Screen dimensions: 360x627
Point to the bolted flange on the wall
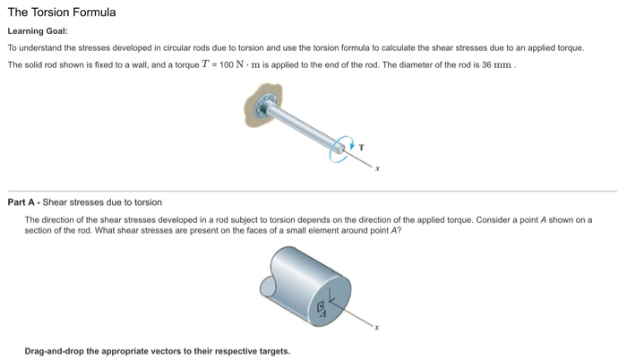(x=262, y=108)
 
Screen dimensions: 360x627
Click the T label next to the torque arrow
(x=362, y=145)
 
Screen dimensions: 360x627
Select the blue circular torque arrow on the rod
(x=340, y=148)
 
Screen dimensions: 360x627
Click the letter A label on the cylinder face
(x=323, y=315)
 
